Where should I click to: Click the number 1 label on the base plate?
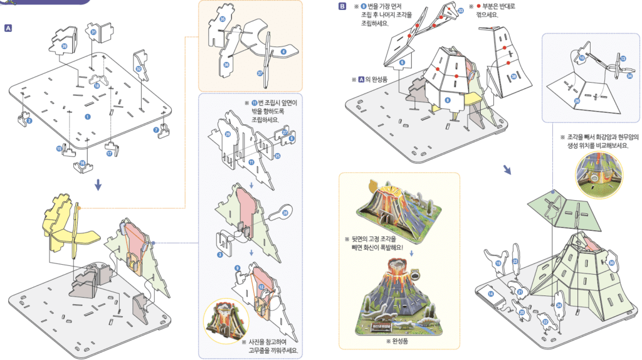pyautogui.click(x=88, y=117)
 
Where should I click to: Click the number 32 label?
pyautogui.click(x=138, y=69)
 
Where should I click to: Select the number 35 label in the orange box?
pyautogui.click(x=223, y=19)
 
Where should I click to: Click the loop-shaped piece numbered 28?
pyautogui.click(x=283, y=213)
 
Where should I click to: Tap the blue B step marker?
pyautogui.click(x=342, y=7)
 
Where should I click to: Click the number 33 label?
pyautogui.click(x=461, y=11)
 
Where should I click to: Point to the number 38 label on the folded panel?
pyautogui.click(x=514, y=77)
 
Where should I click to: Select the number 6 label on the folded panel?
pyautogui.click(x=402, y=62)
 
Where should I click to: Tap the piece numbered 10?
pyautogui.click(x=582, y=58)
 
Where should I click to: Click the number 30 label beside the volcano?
pyautogui.click(x=611, y=263)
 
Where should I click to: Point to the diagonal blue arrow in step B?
pyautogui.click(x=507, y=171)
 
